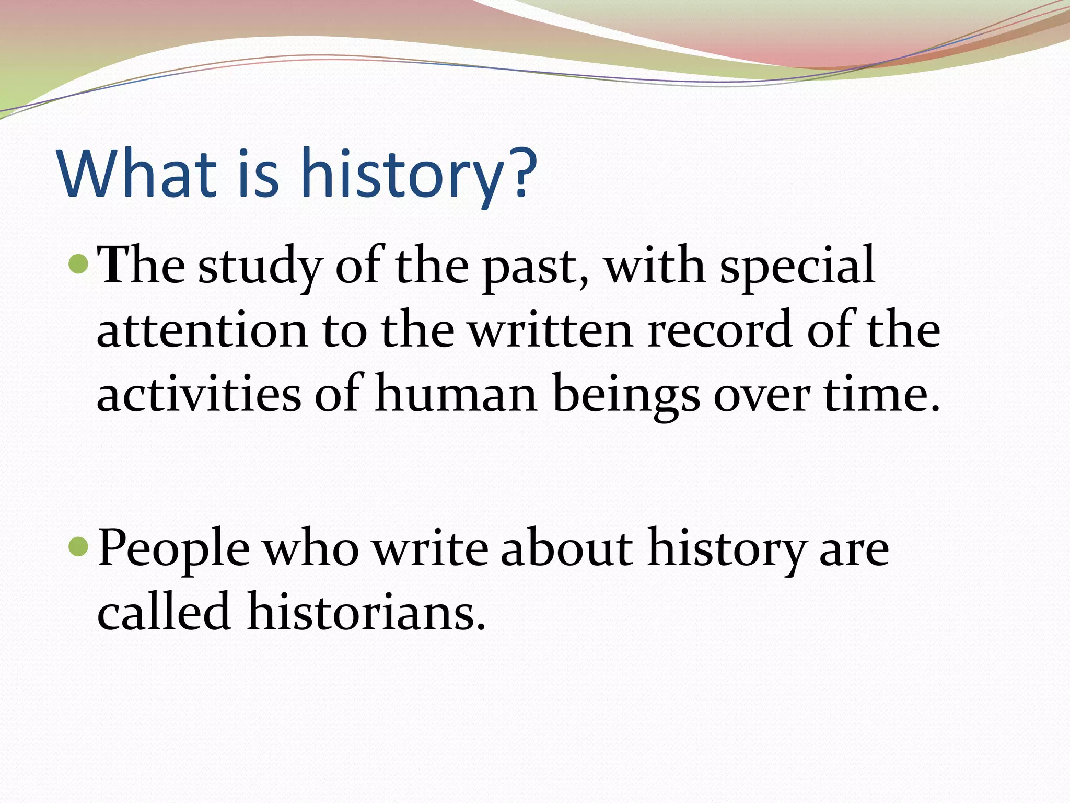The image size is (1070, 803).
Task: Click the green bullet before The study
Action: click(x=79, y=265)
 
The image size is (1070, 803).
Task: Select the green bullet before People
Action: click(x=79, y=546)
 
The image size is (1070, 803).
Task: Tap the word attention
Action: click(x=203, y=331)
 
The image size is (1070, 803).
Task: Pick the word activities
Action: click(x=199, y=395)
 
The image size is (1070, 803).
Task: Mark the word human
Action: click(x=456, y=395)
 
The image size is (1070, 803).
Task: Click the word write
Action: click(x=432, y=548)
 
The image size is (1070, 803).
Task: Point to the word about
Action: click(x=566, y=548)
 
